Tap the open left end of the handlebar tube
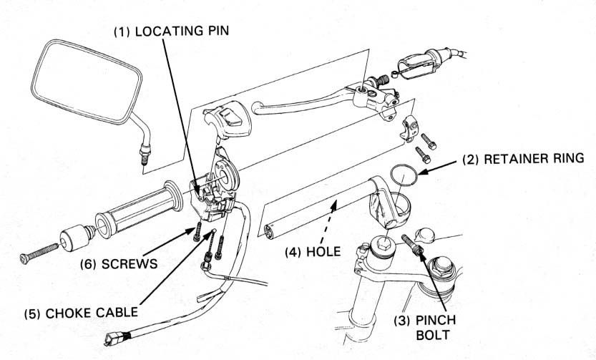click(269, 231)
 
